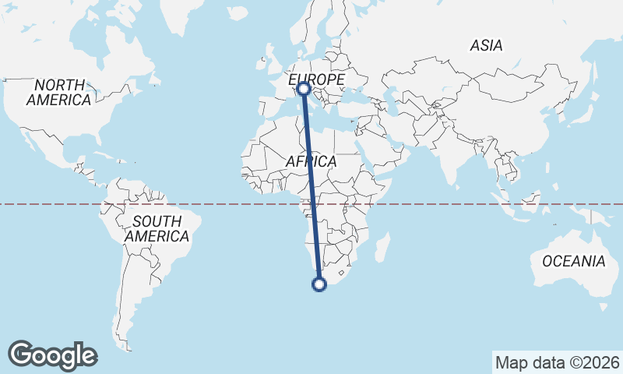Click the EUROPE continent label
317,80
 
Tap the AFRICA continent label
311,161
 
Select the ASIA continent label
486,46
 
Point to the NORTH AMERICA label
58,92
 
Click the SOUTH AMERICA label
157,228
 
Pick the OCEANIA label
573,261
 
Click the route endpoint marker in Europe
303,89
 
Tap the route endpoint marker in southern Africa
319,284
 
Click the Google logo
52,355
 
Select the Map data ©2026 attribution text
558,362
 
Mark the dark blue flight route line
311,187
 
